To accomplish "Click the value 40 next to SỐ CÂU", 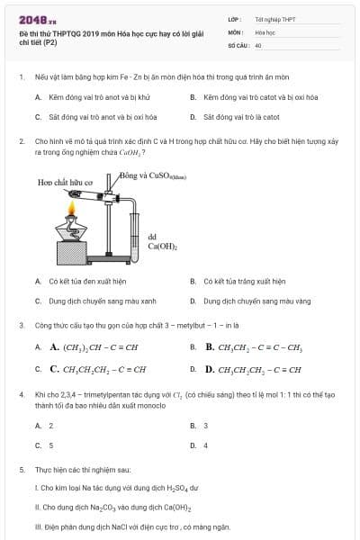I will (x=258, y=45).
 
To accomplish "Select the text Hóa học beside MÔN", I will (x=265, y=31).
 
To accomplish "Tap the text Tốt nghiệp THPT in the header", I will (x=275, y=18).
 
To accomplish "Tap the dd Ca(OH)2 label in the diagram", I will (x=162, y=241).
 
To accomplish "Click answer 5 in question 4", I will (x=50, y=445).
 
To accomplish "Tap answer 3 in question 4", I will (x=205, y=425).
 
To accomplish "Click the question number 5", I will (x=21, y=470).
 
